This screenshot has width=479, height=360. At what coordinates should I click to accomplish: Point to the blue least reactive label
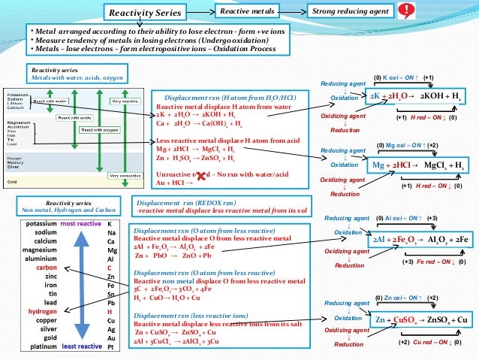[82, 346]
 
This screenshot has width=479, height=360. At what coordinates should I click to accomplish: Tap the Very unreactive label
[124, 176]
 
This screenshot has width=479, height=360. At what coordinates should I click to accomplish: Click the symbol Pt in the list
[111, 346]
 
